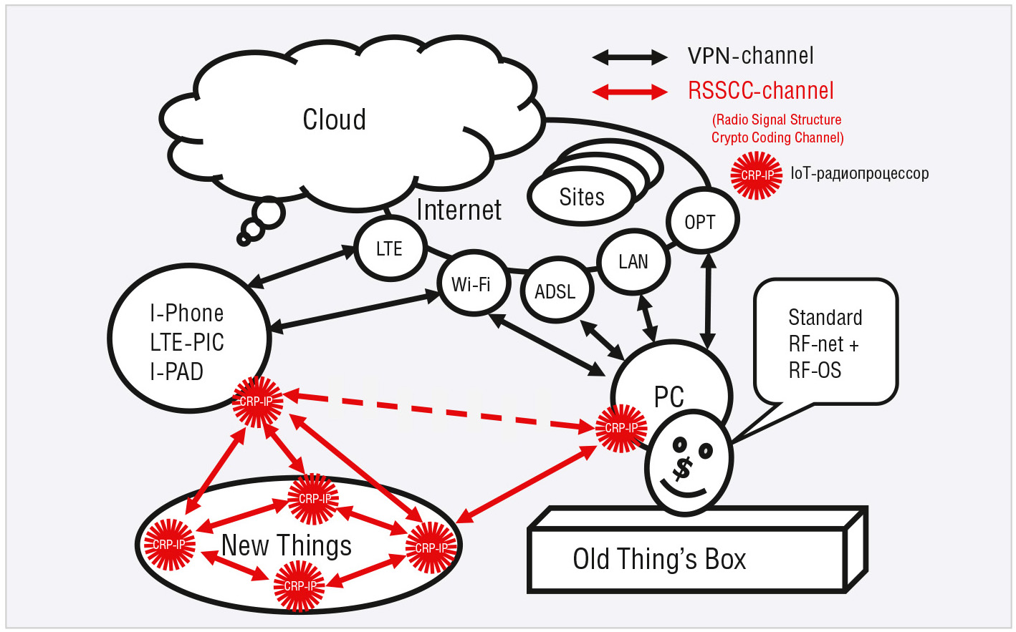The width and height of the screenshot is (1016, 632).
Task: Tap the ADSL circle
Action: point(556,291)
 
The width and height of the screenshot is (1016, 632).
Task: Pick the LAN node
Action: point(633,262)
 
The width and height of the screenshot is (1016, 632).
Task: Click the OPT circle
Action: point(701,221)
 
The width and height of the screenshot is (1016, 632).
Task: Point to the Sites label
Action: point(582,197)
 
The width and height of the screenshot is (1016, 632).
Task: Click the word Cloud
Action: point(335,120)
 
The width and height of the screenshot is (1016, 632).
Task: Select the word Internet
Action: point(459,210)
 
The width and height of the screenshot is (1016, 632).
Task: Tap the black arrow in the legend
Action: point(630,57)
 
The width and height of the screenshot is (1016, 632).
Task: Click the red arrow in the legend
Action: point(630,92)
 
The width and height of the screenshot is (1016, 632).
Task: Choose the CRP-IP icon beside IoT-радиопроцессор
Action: point(757,175)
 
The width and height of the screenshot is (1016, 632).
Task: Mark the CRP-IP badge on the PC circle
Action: point(621,428)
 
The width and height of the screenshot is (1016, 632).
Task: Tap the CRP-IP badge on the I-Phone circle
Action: point(257,402)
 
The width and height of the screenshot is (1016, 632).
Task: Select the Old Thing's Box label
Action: point(659,559)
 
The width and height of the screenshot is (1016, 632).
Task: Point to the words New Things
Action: point(287,545)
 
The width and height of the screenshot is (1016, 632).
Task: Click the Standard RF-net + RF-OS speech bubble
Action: point(825,344)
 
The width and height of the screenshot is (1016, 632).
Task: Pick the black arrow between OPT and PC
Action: point(708,301)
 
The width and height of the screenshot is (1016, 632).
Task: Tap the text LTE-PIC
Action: point(187,343)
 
